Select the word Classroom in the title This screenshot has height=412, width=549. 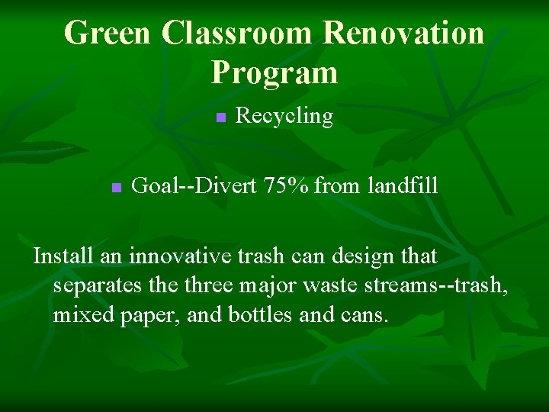coord(237,33)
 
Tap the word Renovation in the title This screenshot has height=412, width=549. coord(403,33)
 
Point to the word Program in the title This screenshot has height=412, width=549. coord(274,72)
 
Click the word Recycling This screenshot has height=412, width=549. coord(284,116)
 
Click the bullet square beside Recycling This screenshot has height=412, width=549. coord(220,117)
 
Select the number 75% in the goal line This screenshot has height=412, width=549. coord(286,185)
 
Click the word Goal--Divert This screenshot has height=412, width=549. coord(194,185)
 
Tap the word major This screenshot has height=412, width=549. coord(261,285)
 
